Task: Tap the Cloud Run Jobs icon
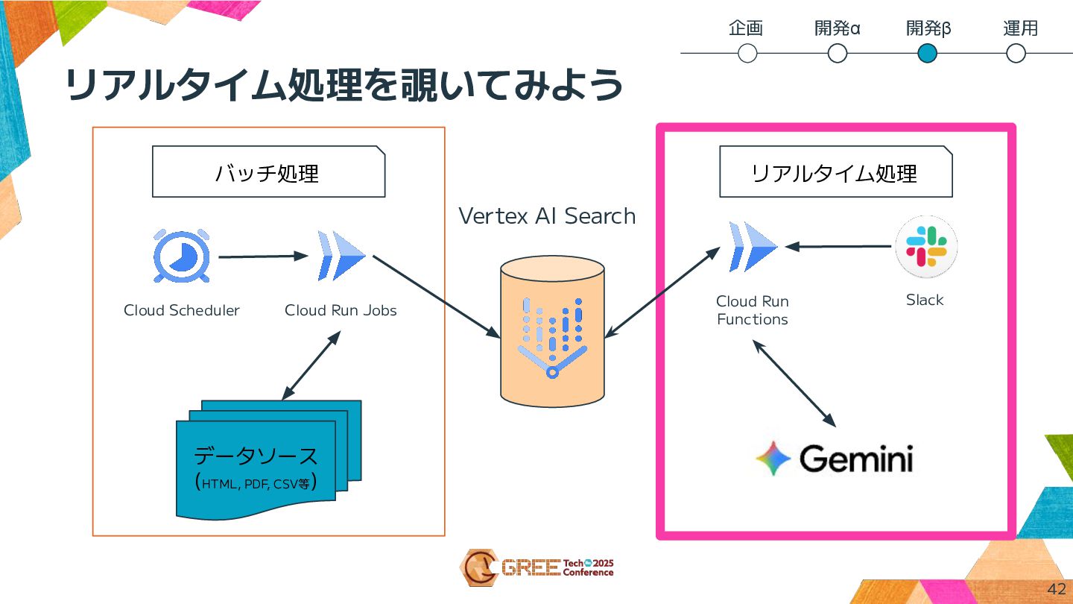click(x=341, y=255)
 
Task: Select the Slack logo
click(x=925, y=247)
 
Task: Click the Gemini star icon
click(x=773, y=458)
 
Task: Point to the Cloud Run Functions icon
click(x=753, y=247)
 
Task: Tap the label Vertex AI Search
click(x=547, y=216)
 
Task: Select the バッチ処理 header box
click(x=268, y=172)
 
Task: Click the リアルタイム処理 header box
click(x=835, y=172)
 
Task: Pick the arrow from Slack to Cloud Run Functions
click(x=839, y=246)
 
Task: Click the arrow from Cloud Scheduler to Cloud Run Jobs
click(x=263, y=257)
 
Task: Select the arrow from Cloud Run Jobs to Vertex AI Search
click(x=436, y=296)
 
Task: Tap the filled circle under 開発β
click(x=927, y=54)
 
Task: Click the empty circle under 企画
click(x=747, y=54)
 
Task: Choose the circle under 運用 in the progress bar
click(x=1016, y=54)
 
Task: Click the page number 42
click(x=1056, y=588)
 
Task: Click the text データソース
click(x=256, y=456)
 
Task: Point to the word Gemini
click(x=856, y=459)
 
